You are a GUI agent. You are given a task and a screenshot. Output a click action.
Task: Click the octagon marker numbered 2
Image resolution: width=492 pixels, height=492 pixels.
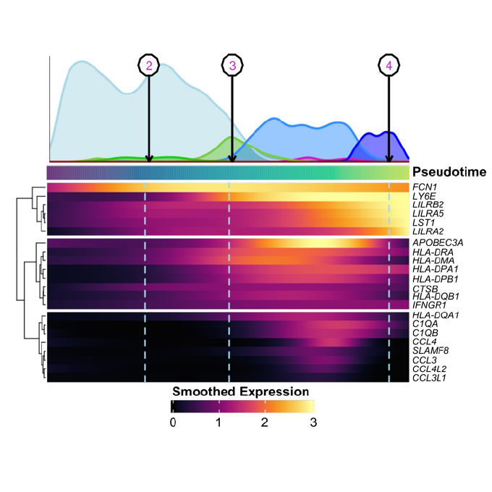click(148, 66)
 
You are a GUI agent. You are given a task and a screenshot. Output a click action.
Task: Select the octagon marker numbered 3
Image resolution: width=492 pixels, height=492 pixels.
click(232, 66)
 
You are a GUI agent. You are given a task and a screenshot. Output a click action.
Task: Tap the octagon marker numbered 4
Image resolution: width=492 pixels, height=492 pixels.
click(389, 66)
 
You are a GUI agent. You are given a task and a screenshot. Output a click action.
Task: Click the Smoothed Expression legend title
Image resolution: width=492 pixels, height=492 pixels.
click(241, 391)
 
